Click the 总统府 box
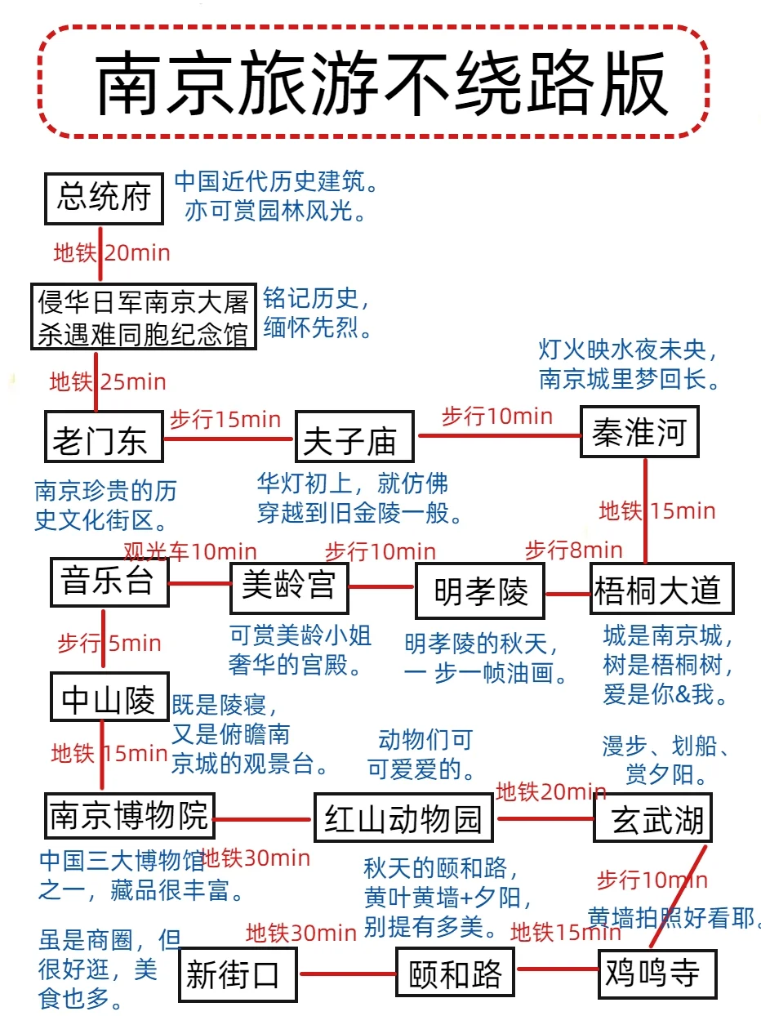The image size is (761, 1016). pyautogui.click(x=103, y=198)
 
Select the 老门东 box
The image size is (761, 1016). pyautogui.click(x=103, y=439)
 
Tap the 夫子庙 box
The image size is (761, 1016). pyautogui.click(x=354, y=439)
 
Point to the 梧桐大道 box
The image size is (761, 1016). pyautogui.click(x=661, y=589)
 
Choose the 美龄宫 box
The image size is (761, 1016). pyautogui.click(x=288, y=586)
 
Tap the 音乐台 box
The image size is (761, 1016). pyautogui.click(x=109, y=582)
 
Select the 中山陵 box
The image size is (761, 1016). pyautogui.click(x=108, y=698)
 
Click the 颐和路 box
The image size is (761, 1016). pyautogui.click(x=456, y=973)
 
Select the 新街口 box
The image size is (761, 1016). pyautogui.click(x=238, y=974)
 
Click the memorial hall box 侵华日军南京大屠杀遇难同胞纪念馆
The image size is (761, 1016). pyautogui.click(x=144, y=317)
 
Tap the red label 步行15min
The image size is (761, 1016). pyautogui.click(x=225, y=420)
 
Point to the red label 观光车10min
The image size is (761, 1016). pyautogui.click(x=190, y=552)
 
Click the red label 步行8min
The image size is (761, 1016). pyautogui.click(x=573, y=550)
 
